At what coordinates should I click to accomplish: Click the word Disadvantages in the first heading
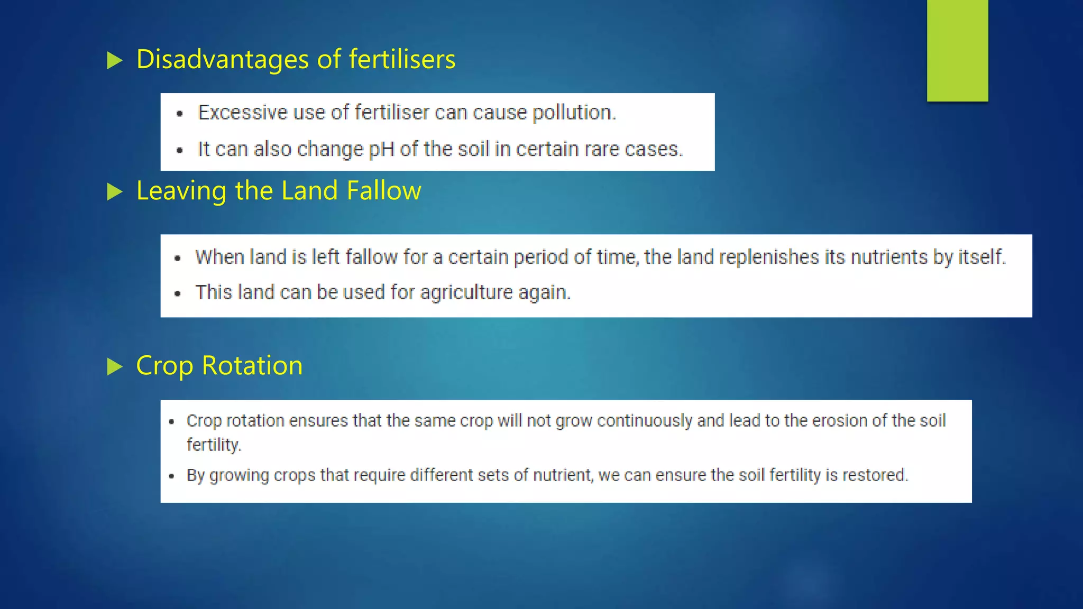(x=222, y=59)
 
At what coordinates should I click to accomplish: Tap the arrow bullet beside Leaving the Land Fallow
(x=114, y=191)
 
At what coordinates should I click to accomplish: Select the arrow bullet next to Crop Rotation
(x=114, y=366)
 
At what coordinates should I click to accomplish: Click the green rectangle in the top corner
(x=957, y=50)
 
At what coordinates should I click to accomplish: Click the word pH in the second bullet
(x=381, y=150)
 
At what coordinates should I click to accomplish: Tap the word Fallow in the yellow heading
(x=383, y=191)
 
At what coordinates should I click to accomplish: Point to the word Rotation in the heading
(x=252, y=366)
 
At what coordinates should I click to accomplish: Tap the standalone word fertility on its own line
(x=213, y=445)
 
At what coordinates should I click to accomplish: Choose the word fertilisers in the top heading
(x=402, y=59)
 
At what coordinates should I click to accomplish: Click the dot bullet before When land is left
(x=178, y=259)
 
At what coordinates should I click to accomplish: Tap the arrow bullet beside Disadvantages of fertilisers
(x=114, y=60)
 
